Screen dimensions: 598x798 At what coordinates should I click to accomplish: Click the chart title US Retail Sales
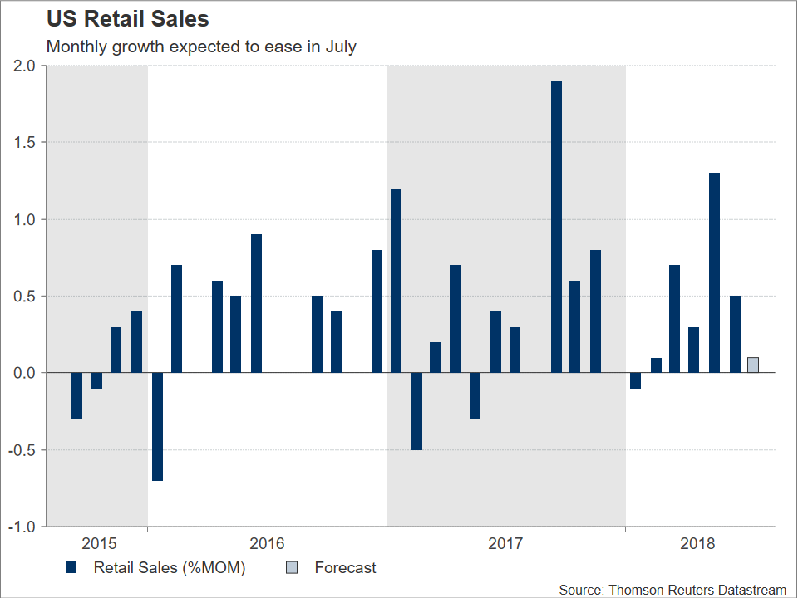127,18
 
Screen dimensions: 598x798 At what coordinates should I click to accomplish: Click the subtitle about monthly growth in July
201,47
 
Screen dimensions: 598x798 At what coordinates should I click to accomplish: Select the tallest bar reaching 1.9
556,227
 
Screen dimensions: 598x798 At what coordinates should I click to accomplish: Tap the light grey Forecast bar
753,365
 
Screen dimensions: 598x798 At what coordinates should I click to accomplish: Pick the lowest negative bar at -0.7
157,427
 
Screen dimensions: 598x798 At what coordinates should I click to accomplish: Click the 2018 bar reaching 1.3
714,272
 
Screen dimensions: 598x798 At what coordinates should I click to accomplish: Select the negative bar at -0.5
416,411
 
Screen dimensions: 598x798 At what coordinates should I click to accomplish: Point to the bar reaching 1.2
396,281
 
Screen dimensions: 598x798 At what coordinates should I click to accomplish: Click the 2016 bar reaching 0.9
256,304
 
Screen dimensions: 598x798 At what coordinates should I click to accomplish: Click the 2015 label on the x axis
99,544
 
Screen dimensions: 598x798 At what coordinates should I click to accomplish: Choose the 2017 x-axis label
505,544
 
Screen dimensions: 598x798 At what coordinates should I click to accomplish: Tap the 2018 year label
697,544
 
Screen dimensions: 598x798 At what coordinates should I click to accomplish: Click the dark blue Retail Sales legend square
71,568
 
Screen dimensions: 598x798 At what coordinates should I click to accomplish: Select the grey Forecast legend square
292,568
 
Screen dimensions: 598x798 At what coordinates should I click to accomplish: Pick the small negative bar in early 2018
636,380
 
